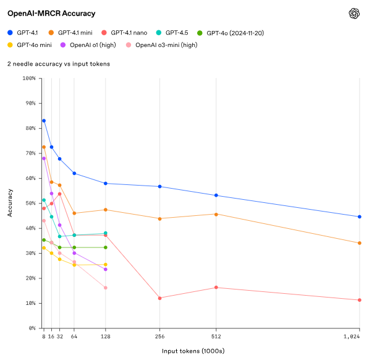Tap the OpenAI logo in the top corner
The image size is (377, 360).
tap(354, 14)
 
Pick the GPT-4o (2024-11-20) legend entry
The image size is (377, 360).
tap(231, 32)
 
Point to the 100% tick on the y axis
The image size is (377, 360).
tap(28, 79)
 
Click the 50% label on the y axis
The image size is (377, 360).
tap(30, 203)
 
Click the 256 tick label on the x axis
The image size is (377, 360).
tap(160, 337)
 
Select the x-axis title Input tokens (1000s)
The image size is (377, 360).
tap(193, 351)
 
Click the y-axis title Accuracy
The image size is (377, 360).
tap(10, 204)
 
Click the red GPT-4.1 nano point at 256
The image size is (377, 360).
tap(160, 298)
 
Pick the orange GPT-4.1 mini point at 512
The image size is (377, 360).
tap(216, 214)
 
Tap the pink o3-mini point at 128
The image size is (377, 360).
tap(106, 288)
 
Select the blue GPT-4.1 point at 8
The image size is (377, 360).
tap(44, 121)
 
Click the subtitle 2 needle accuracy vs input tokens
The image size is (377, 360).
tap(58, 64)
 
